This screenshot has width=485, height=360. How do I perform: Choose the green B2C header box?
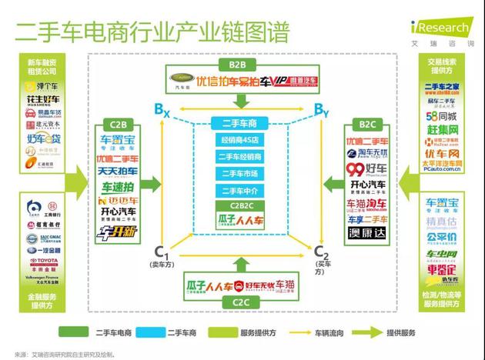point(366,124)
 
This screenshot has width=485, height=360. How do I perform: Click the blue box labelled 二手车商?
point(242,124)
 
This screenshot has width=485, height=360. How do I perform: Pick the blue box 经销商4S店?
point(242,141)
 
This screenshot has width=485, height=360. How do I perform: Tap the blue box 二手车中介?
point(242,191)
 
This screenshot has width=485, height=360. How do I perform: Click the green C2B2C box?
point(242,205)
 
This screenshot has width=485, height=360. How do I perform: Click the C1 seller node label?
point(161,253)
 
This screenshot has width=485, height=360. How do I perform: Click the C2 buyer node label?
point(323,253)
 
